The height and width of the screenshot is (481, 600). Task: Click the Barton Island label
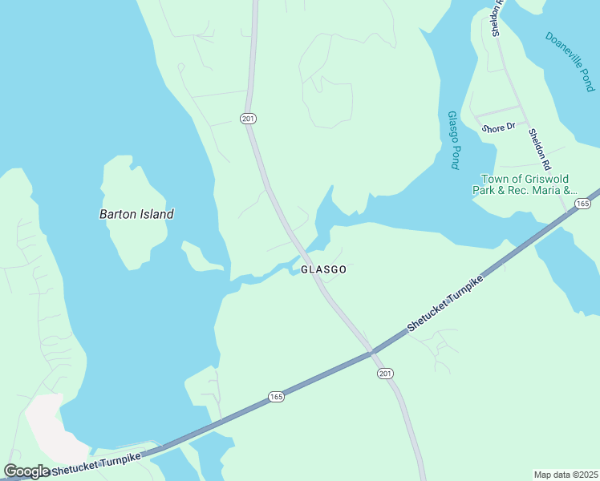tap(136, 214)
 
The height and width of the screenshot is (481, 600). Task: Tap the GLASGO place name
tap(324, 270)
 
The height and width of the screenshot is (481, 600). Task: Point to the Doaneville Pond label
tap(570, 61)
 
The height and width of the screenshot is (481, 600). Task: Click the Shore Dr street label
tap(497, 127)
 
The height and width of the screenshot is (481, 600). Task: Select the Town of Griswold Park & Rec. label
tap(529, 184)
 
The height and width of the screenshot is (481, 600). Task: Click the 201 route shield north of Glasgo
tap(248, 119)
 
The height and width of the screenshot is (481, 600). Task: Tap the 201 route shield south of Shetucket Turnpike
tap(385, 374)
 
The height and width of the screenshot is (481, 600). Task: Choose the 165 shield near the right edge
tap(582, 205)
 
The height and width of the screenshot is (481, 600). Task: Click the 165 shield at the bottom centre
tap(276, 397)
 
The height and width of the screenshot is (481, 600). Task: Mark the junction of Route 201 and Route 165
tap(371, 350)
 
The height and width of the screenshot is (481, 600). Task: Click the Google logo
tap(26, 471)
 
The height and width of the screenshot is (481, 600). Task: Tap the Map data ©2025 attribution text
tap(566, 475)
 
